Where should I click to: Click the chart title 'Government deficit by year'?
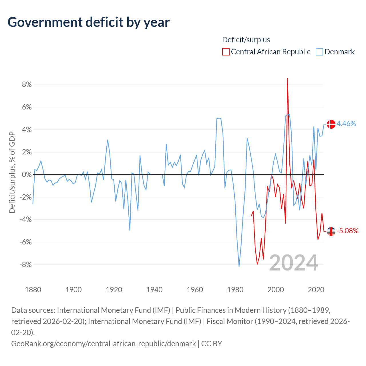[x=89, y=22]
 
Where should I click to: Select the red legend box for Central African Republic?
[x=226, y=52]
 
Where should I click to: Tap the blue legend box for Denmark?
[x=319, y=52]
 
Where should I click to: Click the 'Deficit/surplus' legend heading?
[x=246, y=40]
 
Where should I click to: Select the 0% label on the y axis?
[x=27, y=174]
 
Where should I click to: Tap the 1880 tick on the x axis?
[x=33, y=289]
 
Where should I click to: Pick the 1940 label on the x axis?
[x=154, y=289]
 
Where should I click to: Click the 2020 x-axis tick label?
[x=316, y=289]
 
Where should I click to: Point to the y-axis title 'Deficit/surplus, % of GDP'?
[x=12, y=172]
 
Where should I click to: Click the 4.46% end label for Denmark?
[x=346, y=124]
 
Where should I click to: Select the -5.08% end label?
[x=347, y=231]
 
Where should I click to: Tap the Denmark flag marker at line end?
[x=331, y=124]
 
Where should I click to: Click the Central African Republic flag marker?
[x=331, y=231]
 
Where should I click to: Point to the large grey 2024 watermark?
[x=294, y=262]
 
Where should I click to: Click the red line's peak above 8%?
[x=287, y=78]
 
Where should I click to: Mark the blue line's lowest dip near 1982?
[x=239, y=266]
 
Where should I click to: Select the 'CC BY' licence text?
[x=212, y=343]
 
